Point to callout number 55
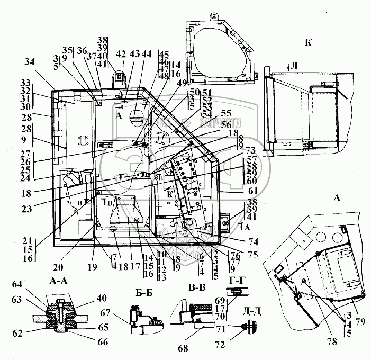pos(227,113)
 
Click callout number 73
pos(250,150)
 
